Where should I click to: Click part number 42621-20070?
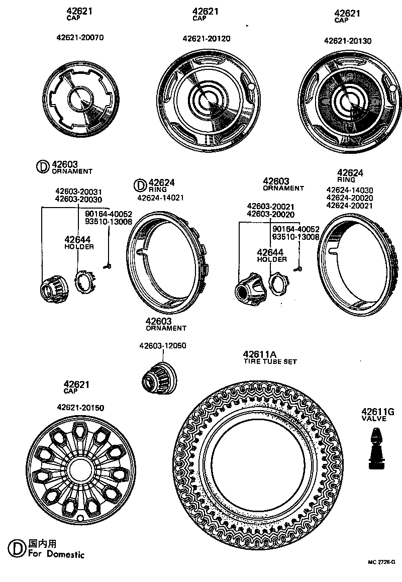80,38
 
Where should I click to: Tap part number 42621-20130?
347,41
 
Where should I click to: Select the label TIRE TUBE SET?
270,361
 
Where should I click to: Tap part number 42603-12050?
162,346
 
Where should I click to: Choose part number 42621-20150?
80,408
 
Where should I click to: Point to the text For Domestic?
56,554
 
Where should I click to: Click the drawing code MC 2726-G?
380,562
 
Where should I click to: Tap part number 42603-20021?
270,207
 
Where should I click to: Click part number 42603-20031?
78,191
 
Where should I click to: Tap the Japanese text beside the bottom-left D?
42,544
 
